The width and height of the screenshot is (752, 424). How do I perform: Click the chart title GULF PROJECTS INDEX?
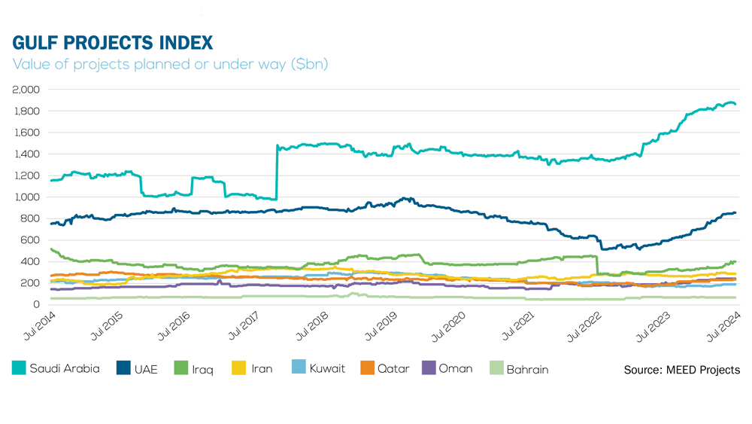point(113,42)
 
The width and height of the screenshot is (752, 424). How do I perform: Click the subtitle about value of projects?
point(170,65)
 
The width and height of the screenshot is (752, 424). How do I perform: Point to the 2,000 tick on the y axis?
point(26,90)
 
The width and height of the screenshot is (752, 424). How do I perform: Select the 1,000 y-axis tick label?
point(26,197)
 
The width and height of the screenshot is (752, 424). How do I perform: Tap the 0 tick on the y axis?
point(35,305)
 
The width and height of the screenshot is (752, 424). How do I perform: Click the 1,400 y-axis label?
point(26,154)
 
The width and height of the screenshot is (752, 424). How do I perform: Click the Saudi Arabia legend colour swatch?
point(19,369)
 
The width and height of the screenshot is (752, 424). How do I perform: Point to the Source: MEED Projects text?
point(681,370)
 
